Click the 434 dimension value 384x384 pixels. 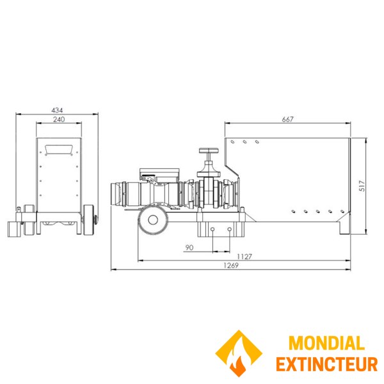coord(57,110)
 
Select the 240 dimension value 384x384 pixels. coord(59,119)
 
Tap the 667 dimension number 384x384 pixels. coord(287,119)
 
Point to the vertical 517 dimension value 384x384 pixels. coord(362,186)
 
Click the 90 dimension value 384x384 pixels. coord(189,248)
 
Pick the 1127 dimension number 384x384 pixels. coord(244,257)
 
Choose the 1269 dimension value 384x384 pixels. coord(231,265)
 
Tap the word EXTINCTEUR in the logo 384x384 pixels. coord(326,364)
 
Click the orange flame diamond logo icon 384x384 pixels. coord(239,353)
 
